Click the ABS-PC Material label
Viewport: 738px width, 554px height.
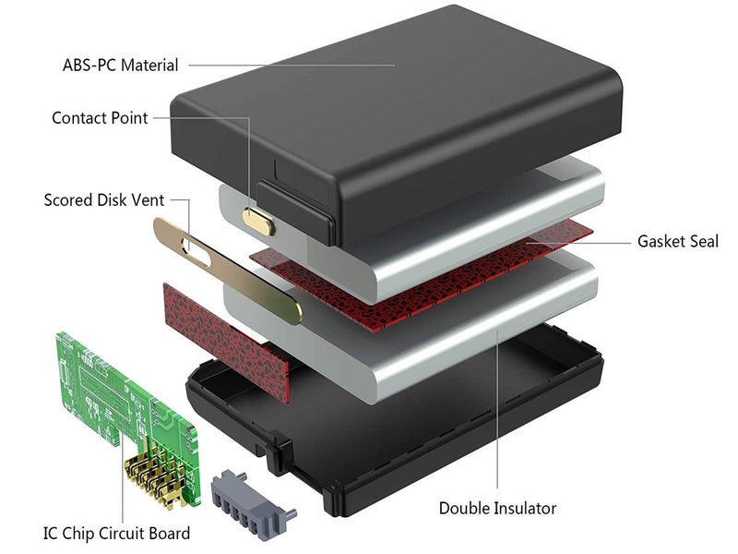[x=120, y=66]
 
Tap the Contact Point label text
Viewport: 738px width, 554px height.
[x=100, y=118]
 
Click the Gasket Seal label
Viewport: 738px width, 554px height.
[x=677, y=241]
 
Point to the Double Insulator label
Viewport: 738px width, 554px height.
[x=497, y=508]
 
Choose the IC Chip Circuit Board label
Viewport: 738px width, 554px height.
[x=116, y=533]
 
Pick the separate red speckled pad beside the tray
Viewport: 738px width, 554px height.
[x=221, y=332]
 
